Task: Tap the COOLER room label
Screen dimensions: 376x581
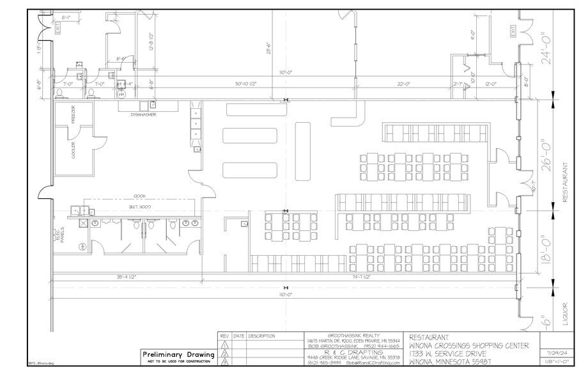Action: [x=74, y=152]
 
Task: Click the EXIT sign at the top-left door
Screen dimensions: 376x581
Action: [x=58, y=29]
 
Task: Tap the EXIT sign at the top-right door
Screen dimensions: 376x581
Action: [x=511, y=31]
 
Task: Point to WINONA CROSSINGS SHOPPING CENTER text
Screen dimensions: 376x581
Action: [x=469, y=346]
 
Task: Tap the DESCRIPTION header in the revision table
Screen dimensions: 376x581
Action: [x=261, y=336]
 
